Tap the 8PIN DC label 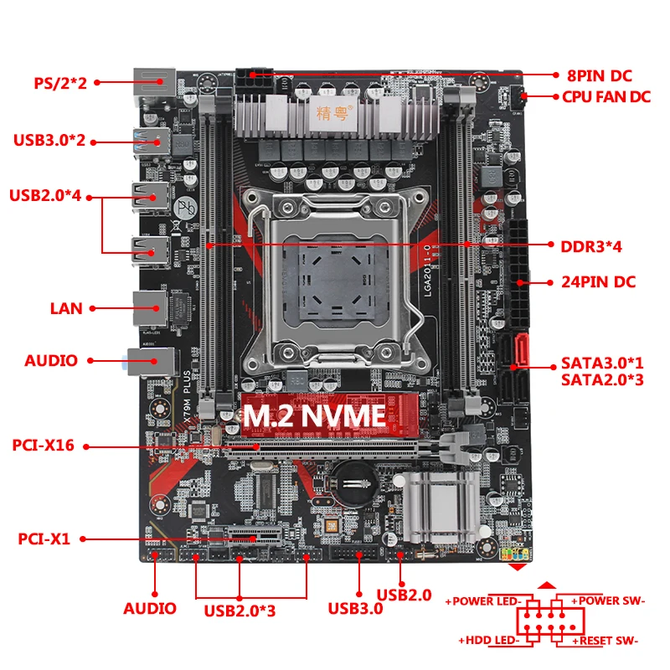pos(599,74)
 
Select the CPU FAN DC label pos(606,96)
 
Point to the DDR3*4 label pos(590,246)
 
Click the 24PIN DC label pos(598,281)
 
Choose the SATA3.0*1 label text pos(601,364)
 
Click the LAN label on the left pos(66,308)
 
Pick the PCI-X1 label pos(44,539)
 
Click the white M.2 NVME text pos(314,415)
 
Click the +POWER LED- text pos(484,600)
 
